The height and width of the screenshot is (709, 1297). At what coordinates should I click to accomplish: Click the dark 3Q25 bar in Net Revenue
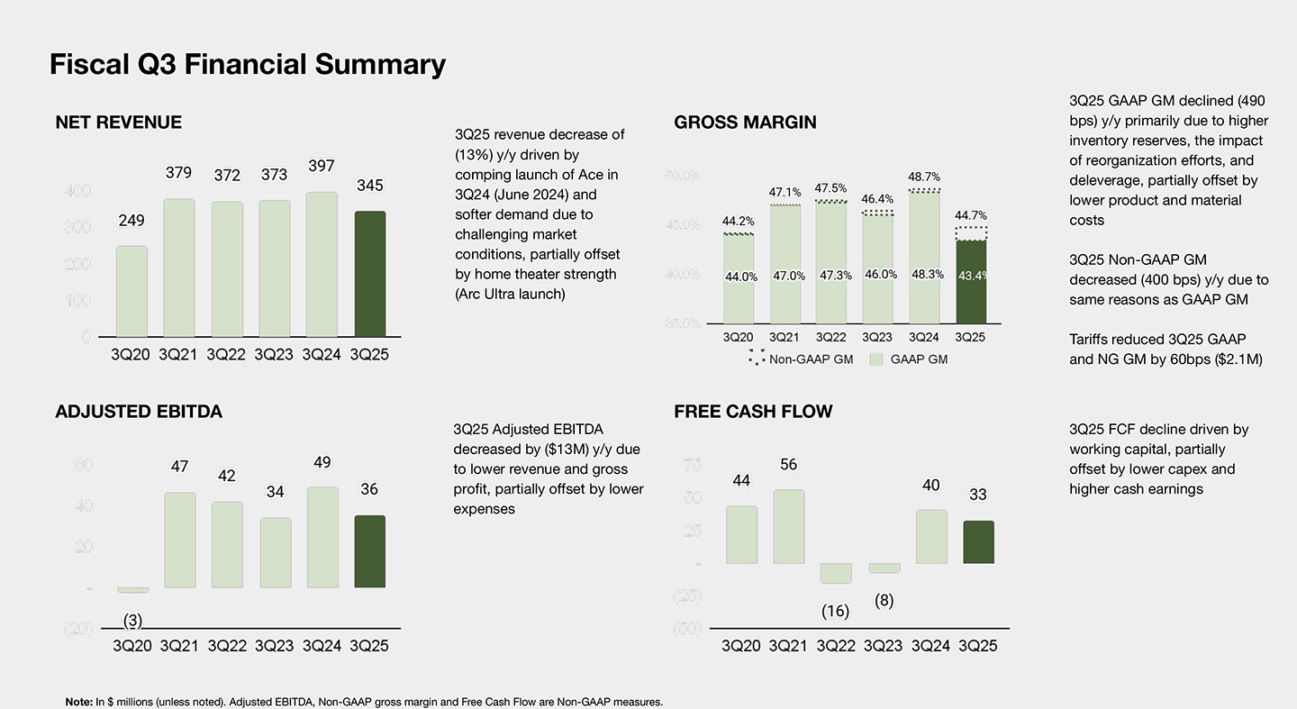(370, 274)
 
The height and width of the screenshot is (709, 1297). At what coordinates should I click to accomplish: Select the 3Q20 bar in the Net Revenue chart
(131, 291)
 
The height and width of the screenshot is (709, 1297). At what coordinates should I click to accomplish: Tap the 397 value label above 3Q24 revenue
(322, 167)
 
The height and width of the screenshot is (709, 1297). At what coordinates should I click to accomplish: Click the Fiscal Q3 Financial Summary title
(248, 65)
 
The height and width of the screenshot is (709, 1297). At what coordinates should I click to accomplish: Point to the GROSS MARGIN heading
(745, 123)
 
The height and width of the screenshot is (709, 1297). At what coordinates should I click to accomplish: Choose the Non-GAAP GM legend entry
(801, 359)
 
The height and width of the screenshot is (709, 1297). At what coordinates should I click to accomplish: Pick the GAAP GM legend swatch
(876, 359)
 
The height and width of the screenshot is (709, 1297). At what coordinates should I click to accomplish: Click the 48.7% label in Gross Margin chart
(924, 177)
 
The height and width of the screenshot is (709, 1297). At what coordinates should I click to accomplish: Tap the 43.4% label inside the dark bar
(972, 277)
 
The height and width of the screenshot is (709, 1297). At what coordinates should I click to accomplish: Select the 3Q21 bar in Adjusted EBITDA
(179, 540)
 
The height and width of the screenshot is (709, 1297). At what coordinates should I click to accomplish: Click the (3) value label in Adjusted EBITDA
(132, 620)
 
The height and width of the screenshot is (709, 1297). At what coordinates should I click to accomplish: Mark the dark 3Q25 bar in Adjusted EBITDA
(370, 551)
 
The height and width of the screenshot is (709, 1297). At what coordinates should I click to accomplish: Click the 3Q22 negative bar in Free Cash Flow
(836, 573)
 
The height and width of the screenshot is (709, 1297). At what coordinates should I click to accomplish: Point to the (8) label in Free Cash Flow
(884, 601)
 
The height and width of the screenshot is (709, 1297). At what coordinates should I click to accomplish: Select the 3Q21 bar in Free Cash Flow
(789, 526)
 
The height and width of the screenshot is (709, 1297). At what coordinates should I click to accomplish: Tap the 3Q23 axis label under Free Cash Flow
(884, 646)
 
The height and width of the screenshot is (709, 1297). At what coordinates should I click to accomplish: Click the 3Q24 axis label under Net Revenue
(322, 355)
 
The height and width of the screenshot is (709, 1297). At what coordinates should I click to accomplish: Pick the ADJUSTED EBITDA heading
(139, 412)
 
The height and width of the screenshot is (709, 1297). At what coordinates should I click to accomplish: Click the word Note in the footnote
(78, 702)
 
